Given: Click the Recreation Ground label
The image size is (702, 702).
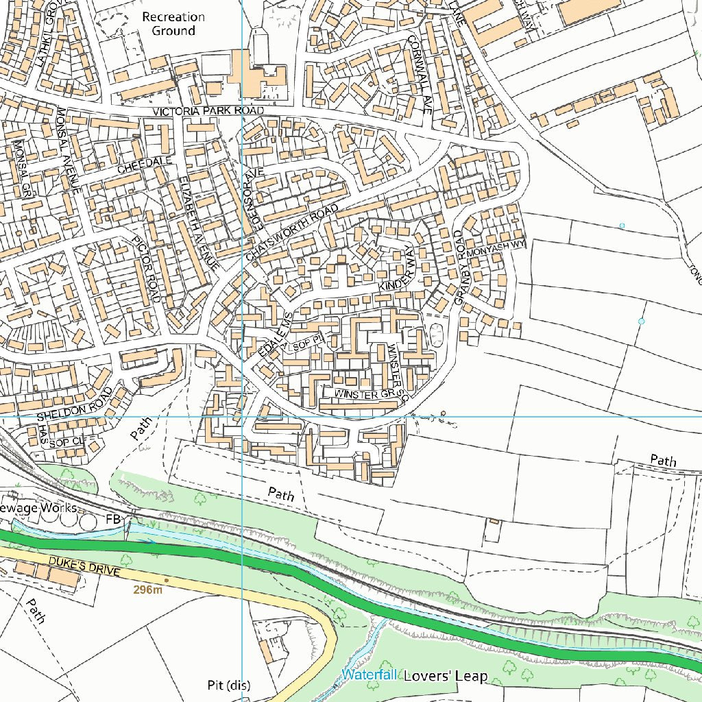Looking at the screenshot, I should pos(173,24).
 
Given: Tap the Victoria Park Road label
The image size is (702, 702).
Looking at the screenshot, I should pos(208,111).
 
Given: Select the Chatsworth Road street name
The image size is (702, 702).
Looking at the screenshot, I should pos(292,232).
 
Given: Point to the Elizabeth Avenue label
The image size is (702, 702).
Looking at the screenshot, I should pos(198,222).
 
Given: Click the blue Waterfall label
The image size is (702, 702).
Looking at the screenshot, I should pos(370,675).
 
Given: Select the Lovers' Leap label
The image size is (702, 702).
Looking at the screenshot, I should pos(446,677).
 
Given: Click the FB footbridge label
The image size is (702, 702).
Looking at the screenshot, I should pos(113,520).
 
